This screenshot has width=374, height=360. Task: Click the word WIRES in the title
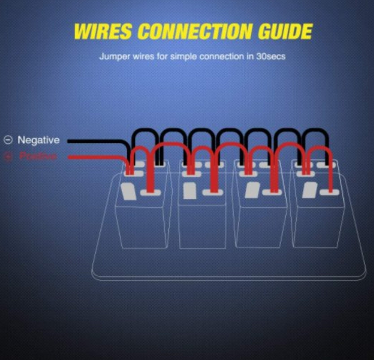pyautogui.click(x=103, y=31)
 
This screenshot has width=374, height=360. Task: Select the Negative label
pyautogui.click(x=39, y=140)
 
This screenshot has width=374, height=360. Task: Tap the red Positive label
pyautogui.click(x=39, y=156)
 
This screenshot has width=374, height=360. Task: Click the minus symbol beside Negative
pyautogui.click(x=8, y=140)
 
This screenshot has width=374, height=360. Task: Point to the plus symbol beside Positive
pyautogui.click(x=8, y=157)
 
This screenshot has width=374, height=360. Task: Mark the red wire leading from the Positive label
pyautogui.click(x=94, y=157)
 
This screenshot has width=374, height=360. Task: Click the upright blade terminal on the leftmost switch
pyautogui.click(x=128, y=191)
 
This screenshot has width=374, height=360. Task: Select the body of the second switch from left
pyautogui.click(x=202, y=224)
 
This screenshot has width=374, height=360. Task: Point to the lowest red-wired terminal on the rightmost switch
pyautogui.click(x=331, y=192)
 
